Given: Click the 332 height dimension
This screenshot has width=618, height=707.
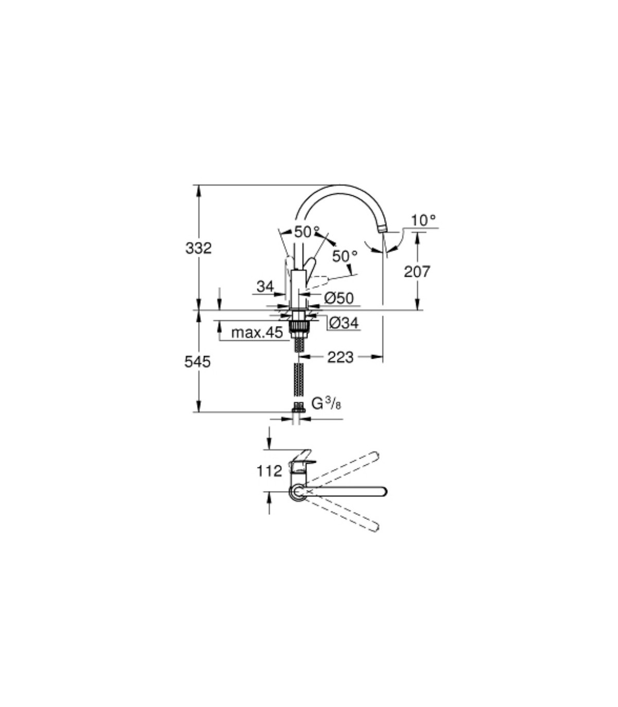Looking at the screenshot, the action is pos(198,248).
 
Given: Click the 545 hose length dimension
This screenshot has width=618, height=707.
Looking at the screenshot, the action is pos(197,362).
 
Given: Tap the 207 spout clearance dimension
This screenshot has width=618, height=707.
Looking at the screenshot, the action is pos(418,272).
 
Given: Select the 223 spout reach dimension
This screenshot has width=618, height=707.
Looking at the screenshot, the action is pos(340,357).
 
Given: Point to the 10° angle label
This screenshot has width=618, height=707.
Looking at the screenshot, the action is pos(424,220).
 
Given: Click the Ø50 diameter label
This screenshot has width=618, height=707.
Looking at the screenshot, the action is pos(339,298).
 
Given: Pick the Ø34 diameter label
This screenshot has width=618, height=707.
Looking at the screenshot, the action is pos(344,323).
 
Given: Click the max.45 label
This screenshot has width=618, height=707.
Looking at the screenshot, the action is pos(257,332).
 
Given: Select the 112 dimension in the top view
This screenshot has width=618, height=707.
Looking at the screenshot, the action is pos(269,470).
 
